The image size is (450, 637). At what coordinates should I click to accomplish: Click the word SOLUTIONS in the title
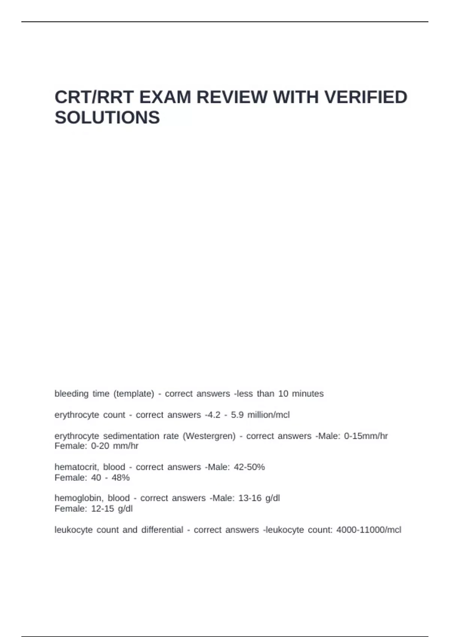coord(107,118)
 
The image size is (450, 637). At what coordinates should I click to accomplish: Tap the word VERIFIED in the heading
coord(366,97)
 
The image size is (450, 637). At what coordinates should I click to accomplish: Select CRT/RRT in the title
coord(94,97)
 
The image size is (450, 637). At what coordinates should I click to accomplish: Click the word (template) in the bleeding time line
coord(134,394)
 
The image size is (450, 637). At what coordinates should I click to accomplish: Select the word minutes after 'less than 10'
coord(307,394)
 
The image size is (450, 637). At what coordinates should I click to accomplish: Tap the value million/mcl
coord(268,415)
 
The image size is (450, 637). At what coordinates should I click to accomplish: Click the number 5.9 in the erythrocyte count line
coord(237,415)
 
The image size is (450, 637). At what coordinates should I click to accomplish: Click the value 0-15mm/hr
coord(366,436)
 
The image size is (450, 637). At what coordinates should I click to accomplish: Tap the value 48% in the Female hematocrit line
coord(121,478)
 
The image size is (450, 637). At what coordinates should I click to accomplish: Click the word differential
coord(162,530)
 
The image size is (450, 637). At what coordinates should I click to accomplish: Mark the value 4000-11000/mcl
coord(369,530)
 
